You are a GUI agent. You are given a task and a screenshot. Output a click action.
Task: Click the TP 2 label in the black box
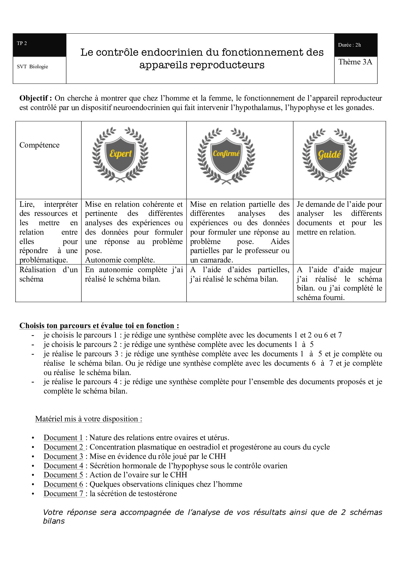[22, 43]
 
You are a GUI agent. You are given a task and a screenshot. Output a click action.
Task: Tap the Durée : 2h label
[349, 45]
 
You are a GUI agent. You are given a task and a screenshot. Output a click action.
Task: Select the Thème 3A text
[355, 62]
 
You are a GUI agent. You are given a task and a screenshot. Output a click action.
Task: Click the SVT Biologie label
[32, 67]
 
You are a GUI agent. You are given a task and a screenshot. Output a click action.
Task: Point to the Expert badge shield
[120, 154]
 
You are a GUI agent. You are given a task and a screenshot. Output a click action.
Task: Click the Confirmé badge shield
[226, 154]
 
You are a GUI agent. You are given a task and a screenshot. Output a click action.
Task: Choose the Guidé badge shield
[330, 154]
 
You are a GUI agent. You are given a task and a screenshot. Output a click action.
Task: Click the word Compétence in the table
[39, 145]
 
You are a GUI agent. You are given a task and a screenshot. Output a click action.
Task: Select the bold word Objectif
[34, 98]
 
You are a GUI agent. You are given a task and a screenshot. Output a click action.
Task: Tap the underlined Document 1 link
[63, 438]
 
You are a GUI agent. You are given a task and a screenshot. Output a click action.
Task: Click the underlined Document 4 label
[63, 466]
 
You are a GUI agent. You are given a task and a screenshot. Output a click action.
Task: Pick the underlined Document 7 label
[63, 494]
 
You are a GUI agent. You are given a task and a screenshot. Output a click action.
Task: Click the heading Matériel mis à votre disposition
[89, 419]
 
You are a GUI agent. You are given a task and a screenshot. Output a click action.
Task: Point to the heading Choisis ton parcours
[99, 326]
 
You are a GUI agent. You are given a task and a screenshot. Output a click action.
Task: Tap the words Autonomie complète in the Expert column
[120, 260]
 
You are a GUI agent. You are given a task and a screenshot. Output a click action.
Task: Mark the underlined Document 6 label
[63, 484]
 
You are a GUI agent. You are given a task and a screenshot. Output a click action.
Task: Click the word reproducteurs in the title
[232, 65]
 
